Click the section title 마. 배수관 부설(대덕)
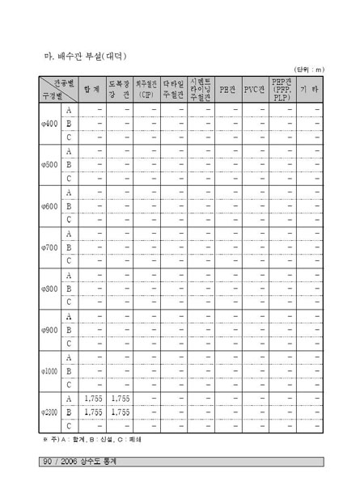86,56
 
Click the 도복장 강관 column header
120,89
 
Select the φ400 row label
49,124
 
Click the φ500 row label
49,165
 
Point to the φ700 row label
49,247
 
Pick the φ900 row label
49,330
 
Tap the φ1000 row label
49,371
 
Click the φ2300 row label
49,412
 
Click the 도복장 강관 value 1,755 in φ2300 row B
120,412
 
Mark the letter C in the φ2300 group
69,426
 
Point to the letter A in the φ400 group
69,110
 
